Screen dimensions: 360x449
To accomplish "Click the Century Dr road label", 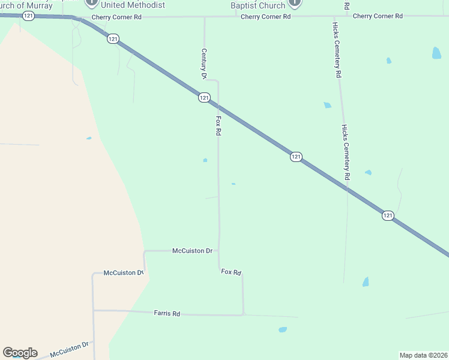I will pos(204,64).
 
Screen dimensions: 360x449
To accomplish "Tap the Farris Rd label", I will pos(167,313).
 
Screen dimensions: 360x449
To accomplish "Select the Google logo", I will pos(20,353).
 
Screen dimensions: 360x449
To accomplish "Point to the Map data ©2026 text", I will pos(424,355).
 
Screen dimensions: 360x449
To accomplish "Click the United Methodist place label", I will pos(133,5).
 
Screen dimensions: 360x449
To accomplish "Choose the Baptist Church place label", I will pos(258,6).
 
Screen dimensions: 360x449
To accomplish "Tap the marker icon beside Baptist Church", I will pos(294,3).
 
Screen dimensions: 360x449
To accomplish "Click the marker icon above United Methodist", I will pos(91,2).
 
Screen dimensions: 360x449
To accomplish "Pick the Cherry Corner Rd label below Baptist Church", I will pos(265,17).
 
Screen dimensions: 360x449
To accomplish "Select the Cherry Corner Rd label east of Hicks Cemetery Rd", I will pos(378,16).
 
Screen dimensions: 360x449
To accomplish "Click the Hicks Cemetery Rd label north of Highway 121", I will pos(338,50).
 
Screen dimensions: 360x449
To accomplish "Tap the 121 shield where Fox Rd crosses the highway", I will pos(204,97).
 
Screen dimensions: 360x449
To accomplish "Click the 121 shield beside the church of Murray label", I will pos(28,16).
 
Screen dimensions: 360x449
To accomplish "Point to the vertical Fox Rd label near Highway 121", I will pos(218,125).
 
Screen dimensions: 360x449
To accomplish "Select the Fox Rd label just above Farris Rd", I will pos(231,272).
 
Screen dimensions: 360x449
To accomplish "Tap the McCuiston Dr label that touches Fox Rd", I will pos(192,250).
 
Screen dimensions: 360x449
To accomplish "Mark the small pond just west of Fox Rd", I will pos(205,160).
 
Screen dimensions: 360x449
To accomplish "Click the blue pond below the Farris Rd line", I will pos(282,329).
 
